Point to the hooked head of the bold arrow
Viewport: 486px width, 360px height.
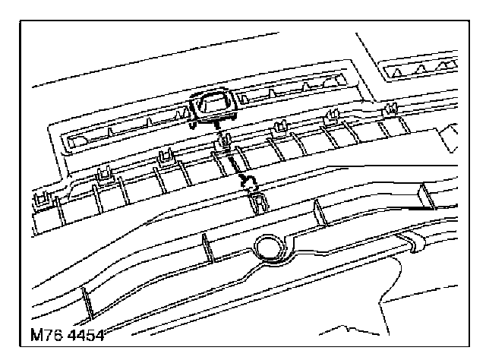[x=247, y=180]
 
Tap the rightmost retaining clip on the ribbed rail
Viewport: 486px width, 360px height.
[x=390, y=109]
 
